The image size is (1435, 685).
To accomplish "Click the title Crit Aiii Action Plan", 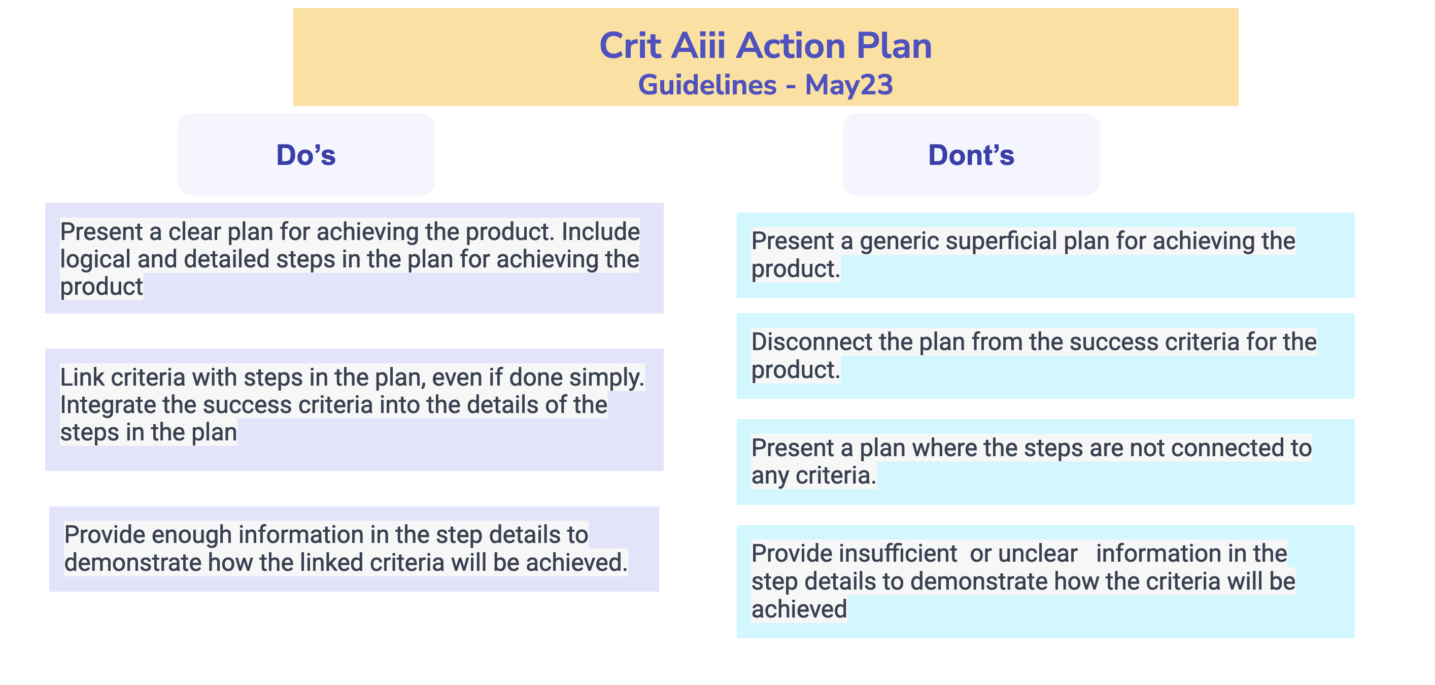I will pyautogui.click(x=765, y=46).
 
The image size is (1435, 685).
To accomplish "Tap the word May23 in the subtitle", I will pyautogui.click(x=848, y=85).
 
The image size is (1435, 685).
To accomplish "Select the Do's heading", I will pyautogui.click(x=306, y=155).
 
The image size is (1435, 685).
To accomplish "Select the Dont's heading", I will pyautogui.click(x=971, y=155).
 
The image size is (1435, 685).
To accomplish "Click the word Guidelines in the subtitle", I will pyautogui.click(x=707, y=85).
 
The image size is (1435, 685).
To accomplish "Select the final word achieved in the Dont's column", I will pyautogui.click(x=799, y=609).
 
